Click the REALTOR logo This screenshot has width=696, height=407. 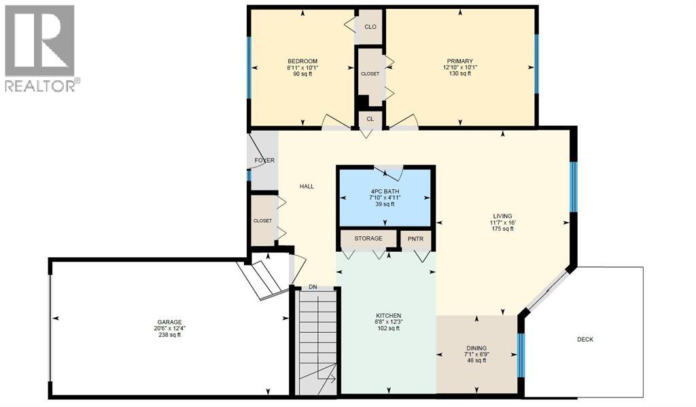coord(39,48)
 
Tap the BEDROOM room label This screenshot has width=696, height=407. coord(302,61)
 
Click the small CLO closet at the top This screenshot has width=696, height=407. coord(370,27)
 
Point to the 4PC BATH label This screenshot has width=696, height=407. coord(385,191)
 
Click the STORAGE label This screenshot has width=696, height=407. coord(368,239)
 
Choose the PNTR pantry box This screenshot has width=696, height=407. coord(415,239)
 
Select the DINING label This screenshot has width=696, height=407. coord(476,346)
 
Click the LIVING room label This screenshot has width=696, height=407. coord(502,216)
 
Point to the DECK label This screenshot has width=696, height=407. coord(585,339)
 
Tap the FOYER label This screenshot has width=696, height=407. coord(264,161)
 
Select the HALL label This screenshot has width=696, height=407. coord(307,186)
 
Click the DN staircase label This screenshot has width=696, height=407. coord(313,287)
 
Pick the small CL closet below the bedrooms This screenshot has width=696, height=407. coord(370,118)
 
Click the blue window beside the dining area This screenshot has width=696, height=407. coord(521,355)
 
